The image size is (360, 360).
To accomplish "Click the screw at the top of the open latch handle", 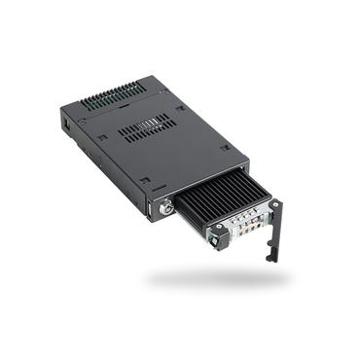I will pyautogui.click(x=277, y=205).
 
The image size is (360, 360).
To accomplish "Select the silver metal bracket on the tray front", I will pyautogui.click(x=245, y=232).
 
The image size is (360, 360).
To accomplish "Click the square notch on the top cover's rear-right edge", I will pyautogui.click(x=179, y=108).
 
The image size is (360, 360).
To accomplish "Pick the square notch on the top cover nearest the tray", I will pyautogui.click(x=225, y=148).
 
